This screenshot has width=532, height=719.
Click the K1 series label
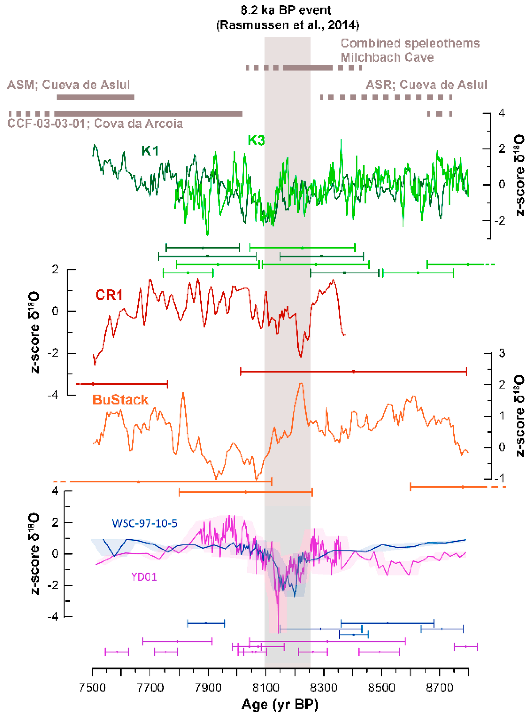150,151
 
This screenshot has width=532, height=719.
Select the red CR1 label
109,295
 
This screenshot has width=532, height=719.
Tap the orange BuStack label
120,400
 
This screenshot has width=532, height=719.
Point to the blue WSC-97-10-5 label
145,523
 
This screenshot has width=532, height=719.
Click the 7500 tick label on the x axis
92,688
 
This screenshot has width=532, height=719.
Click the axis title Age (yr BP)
280,705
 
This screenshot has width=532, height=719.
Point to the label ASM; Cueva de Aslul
68,85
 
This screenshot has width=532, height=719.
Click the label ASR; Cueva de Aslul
426,85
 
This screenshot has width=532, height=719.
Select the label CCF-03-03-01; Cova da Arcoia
95,124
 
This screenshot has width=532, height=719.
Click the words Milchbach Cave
387,57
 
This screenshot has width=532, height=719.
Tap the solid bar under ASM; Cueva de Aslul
95,97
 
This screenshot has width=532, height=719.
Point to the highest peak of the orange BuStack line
301,384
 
